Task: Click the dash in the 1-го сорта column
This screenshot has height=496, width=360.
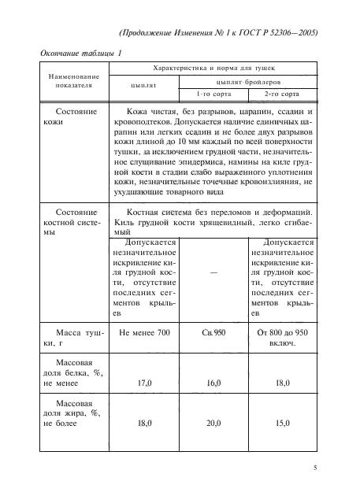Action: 214,272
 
